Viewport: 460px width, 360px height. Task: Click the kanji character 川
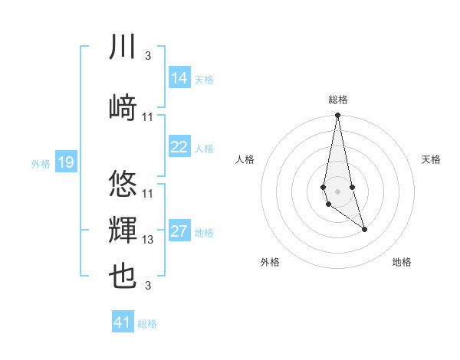(x=123, y=47)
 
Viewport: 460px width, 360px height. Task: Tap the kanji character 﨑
(x=123, y=107)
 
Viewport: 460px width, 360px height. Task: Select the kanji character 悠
(x=123, y=184)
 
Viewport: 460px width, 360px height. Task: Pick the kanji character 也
(x=123, y=277)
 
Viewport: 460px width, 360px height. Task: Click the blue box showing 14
(x=179, y=78)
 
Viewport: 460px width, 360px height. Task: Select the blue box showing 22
(x=179, y=147)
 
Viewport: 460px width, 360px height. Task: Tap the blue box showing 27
(x=179, y=231)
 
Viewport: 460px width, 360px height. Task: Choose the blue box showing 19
(x=66, y=162)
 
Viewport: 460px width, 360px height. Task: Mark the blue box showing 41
(x=123, y=322)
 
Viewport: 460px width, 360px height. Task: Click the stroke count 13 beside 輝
(x=148, y=240)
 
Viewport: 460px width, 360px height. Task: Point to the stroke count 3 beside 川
(x=147, y=56)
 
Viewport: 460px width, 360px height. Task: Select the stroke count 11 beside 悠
(x=148, y=193)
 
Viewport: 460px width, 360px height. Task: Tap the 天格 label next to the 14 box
(x=204, y=79)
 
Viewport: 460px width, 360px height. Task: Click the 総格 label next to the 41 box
(x=147, y=324)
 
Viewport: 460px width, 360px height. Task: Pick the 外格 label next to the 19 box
(x=41, y=163)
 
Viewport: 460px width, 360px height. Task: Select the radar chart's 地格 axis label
(x=402, y=262)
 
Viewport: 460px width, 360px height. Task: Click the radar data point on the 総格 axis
(x=337, y=116)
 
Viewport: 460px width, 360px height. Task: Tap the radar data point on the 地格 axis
(x=364, y=229)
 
